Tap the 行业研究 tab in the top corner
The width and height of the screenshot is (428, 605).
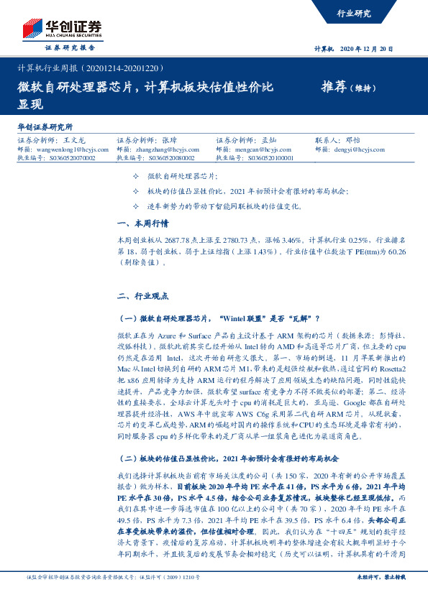(x=353, y=14)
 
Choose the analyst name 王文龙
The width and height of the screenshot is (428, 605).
(x=74, y=141)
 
